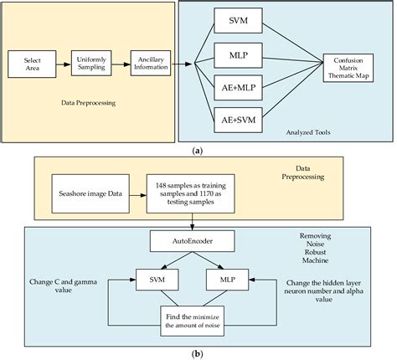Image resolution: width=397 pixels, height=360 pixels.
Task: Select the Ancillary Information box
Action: [x=151, y=63]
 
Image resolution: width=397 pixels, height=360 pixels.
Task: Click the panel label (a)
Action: [x=197, y=149]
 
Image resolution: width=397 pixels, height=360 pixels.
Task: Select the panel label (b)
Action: [x=197, y=354]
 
